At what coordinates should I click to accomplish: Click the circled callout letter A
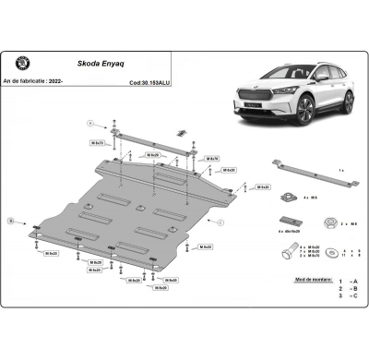click(x=90, y=122)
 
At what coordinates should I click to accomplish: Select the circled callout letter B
click(x=12, y=222)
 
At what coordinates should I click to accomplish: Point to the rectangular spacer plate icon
click(x=287, y=222)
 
